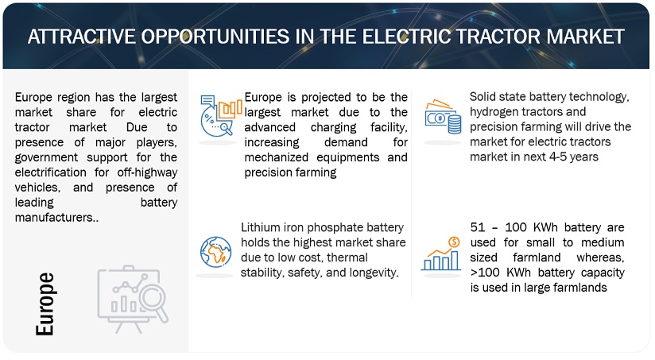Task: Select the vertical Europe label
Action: point(45,304)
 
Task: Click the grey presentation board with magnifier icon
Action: point(133,299)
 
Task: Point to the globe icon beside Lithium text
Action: point(215,252)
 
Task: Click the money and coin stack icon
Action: point(443,117)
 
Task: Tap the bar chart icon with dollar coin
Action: point(441,254)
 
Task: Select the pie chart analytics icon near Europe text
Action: point(221,116)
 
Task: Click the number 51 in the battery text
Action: point(478,227)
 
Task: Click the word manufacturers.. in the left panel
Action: point(56,218)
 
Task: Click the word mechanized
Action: point(276,157)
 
